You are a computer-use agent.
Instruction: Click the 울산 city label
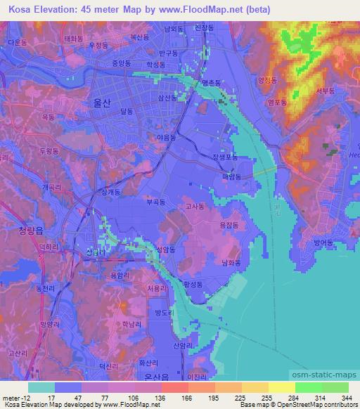tap(102, 102)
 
